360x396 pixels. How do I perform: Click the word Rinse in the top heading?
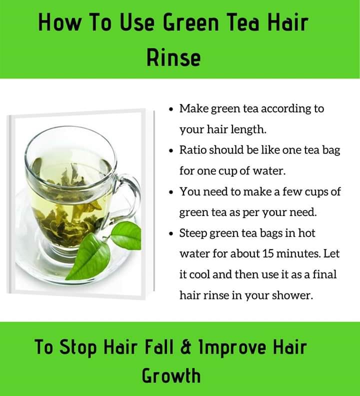(174, 57)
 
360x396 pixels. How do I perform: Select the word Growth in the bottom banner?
(171, 375)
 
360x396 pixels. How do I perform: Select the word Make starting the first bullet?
(194, 108)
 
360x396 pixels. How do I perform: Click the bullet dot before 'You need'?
(171, 192)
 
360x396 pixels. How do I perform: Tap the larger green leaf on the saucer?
(89, 256)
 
